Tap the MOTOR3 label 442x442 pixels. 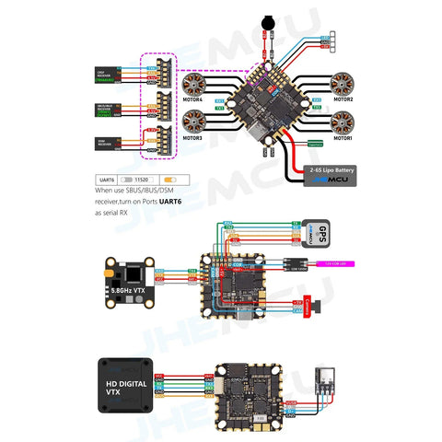[x=193, y=138]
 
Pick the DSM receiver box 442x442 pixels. [x=106, y=143]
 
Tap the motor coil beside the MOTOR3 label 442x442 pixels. [x=196, y=122]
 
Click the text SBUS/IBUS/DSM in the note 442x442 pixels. [x=141, y=191]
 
